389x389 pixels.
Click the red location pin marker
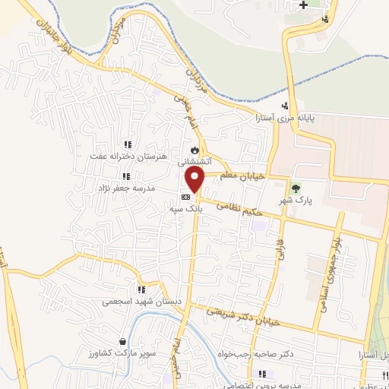pos(196,179)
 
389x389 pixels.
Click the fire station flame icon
pos(194,149)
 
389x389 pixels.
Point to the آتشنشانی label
pos(193,162)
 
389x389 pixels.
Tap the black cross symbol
pos(304,5)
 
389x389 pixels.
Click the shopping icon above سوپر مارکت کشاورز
pos(123,342)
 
